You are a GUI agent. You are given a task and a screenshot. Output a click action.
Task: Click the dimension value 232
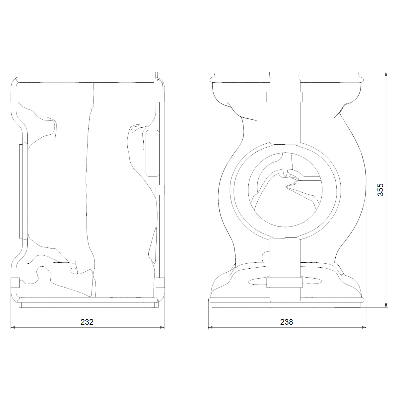tap(87, 322)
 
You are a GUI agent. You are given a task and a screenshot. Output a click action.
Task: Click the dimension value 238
tap(287, 322)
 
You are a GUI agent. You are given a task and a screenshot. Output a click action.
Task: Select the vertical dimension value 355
tap(380, 190)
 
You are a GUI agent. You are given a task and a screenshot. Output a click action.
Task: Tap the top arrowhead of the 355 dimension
tap(386, 74)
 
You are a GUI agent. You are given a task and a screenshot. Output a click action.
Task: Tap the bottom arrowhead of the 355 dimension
tap(386, 305)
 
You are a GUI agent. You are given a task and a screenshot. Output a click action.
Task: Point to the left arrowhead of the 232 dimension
tap(13, 327)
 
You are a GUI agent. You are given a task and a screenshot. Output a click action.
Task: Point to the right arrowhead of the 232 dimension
tap(162, 327)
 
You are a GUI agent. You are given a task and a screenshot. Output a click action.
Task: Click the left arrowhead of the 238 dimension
tap(211, 327)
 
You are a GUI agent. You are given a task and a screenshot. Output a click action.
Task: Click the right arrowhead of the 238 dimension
tap(364, 327)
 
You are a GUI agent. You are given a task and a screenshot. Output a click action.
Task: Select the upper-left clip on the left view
tap(15, 97)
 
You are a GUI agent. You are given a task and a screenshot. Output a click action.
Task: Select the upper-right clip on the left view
tap(160, 97)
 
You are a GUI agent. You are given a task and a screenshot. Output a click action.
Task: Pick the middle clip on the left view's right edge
tap(160, 190)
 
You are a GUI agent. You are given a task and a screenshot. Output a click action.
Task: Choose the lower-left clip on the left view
tap(15, 283)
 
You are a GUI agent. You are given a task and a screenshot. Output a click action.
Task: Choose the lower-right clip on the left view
tap(160, 283)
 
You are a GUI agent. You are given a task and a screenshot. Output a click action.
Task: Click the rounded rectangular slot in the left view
tap(153, 153)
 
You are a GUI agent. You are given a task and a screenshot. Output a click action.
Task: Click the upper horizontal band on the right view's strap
tap(284, 97)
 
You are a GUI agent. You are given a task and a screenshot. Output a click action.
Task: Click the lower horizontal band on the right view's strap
tap(284, 283)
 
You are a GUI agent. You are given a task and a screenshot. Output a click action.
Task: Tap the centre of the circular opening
tap(285, 190)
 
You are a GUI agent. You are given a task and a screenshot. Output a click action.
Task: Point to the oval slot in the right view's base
tap(285, 281)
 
